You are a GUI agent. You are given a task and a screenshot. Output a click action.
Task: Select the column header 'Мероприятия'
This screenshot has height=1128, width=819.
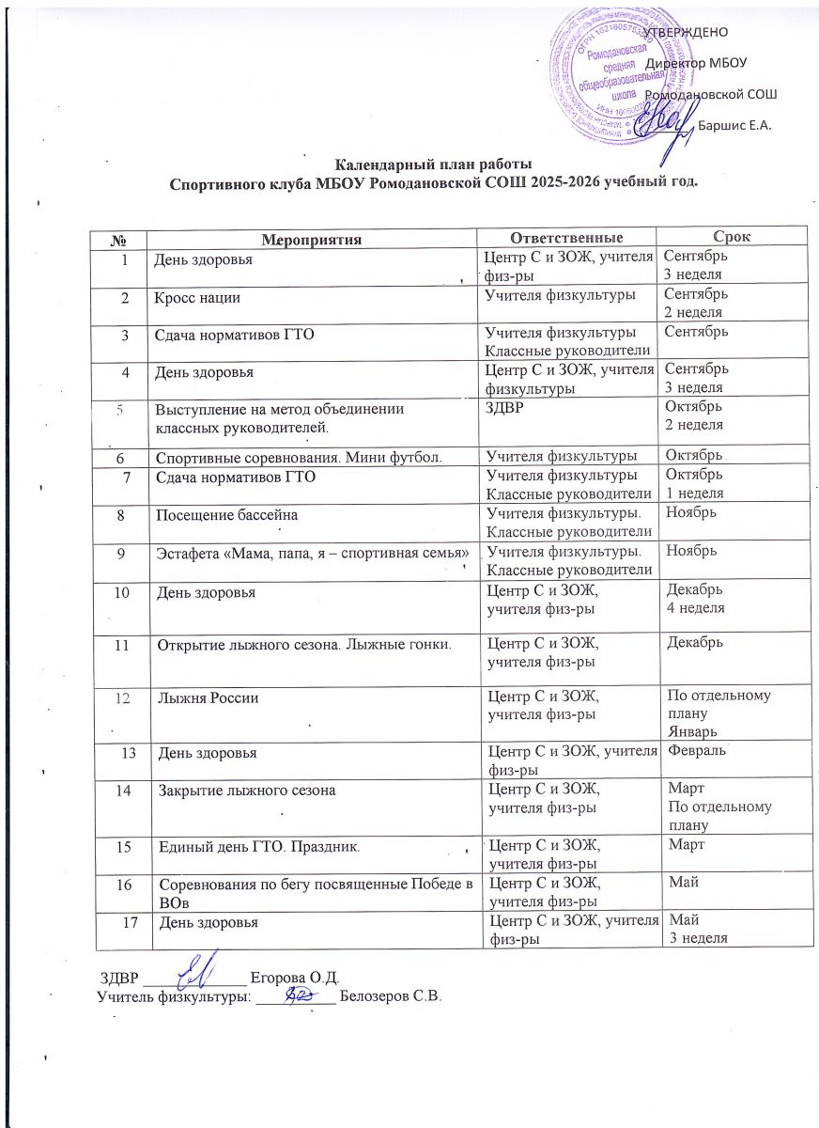click(x=310, y=240)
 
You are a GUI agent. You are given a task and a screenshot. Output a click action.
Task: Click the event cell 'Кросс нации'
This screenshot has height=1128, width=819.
click(x=197, y=298)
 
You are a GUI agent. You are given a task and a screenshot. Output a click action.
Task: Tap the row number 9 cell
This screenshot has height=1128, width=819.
click(x=122, y=553)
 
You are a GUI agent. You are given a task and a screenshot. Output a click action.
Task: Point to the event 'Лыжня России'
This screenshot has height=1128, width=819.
click(x=209, y=698)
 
